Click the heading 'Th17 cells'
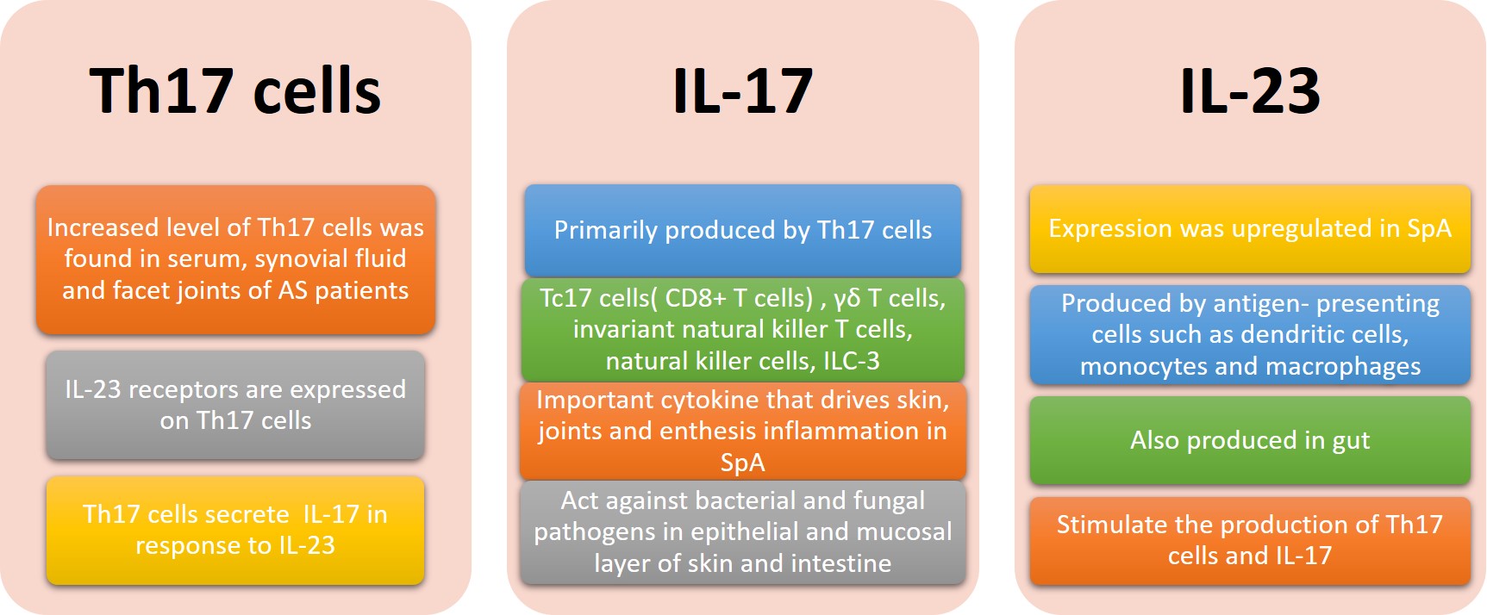click(x=234, y=90)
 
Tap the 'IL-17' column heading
click(x=742, y=90)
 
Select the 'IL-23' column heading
click(x=1250, y=90)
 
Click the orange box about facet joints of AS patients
click(x=235, y=259)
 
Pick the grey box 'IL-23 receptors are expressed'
click(x=235, y=405)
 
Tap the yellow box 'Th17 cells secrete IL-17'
click(x=235, y=530)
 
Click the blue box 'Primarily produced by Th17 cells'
click(x=742, y=230)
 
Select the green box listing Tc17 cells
click(x=742, y=329)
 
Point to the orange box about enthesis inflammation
click(x=742, y=431)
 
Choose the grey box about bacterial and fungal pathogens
click(x=742, y=531)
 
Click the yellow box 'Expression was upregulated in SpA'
click(x=1250, y=228)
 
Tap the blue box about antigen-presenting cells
click(x=1250, y=334)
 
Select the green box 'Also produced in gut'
click(x=1250, y=440)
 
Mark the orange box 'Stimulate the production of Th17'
click(x=1250, y=540)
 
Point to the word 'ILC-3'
click(x=851, y=361)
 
